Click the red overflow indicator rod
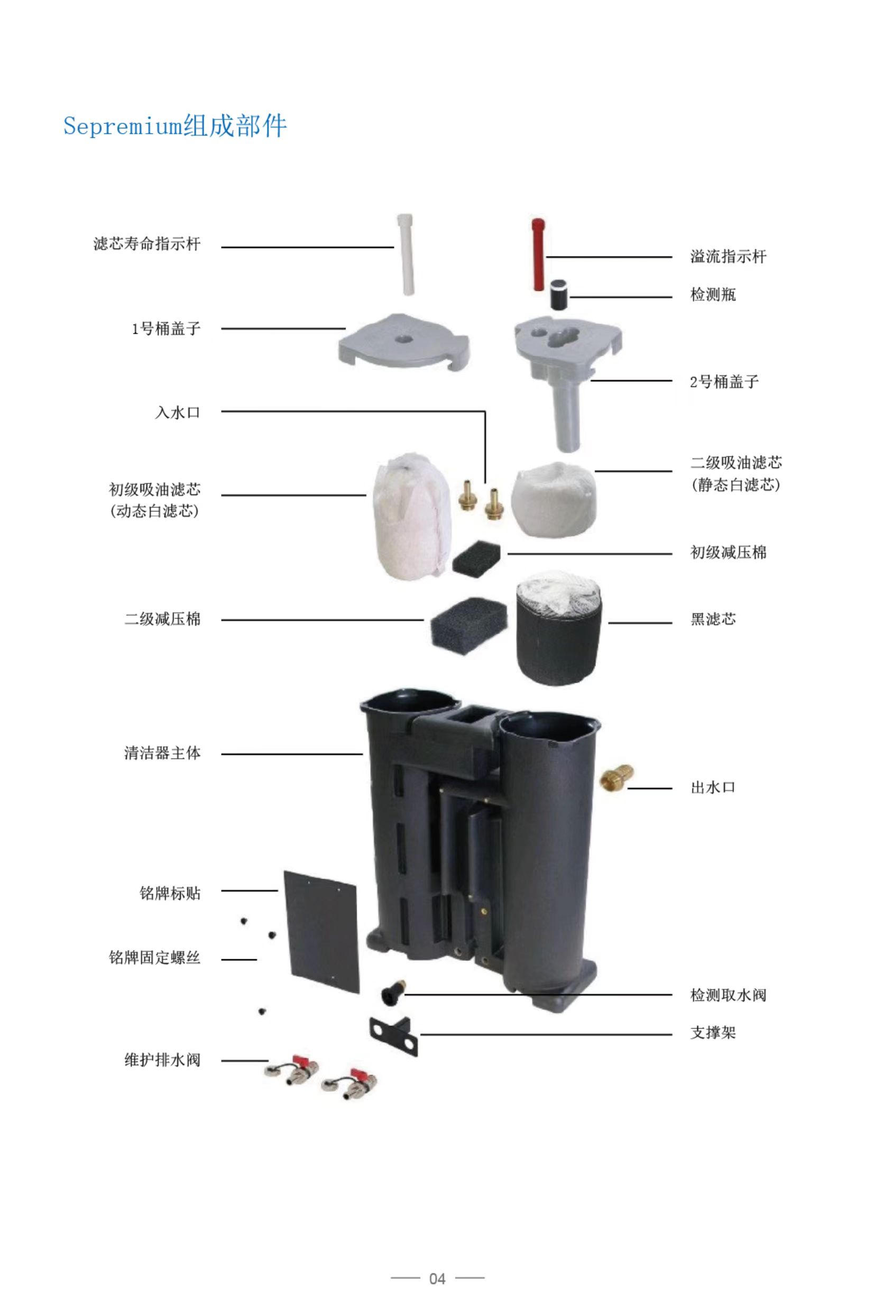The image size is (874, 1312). [538, 254]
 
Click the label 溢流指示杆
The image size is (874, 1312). [728, 256]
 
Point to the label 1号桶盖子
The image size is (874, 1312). [165, 328]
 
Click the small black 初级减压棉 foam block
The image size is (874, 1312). [476, 561]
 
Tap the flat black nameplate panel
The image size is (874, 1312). [321, 931]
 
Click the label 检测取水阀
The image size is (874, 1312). [728, 995]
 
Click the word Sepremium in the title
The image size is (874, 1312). [123, 126]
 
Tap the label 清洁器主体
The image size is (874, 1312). [162, 754]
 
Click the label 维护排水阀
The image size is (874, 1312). [162, 1060]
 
